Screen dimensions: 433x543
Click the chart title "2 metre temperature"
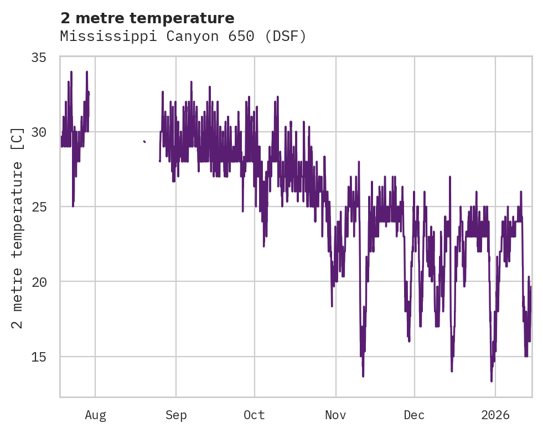click(x=147, y=18)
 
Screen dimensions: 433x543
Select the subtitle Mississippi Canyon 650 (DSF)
click(x=183, y=37)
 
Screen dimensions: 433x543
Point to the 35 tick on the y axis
click(x=45, y=58)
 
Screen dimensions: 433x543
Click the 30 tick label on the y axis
click(x=45, y=132)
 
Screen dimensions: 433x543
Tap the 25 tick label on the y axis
click(x=45, y=207)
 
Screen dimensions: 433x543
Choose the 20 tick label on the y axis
click(x=45, y=282)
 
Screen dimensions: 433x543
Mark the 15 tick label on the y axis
click(x=45, y=357)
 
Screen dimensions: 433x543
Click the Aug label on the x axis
click(x=95, y=415)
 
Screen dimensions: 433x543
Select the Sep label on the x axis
click(x=176, y=415)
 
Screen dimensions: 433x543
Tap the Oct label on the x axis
click(x=255, y=415)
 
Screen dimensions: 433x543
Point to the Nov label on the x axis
click(x=335, y=415)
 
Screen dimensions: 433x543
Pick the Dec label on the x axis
click(x=414, y=415)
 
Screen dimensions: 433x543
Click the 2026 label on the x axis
click(x=495, y=415)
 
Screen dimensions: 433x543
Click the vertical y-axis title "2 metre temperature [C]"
click(x=18, y=227)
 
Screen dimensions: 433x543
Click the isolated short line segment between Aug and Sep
click(x=144, y=142)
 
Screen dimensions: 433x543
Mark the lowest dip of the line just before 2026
click(x=491, y=380)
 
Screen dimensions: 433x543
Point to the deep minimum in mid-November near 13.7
click(x=363, y=376)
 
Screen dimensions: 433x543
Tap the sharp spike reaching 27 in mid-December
click(x=450, y=177)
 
